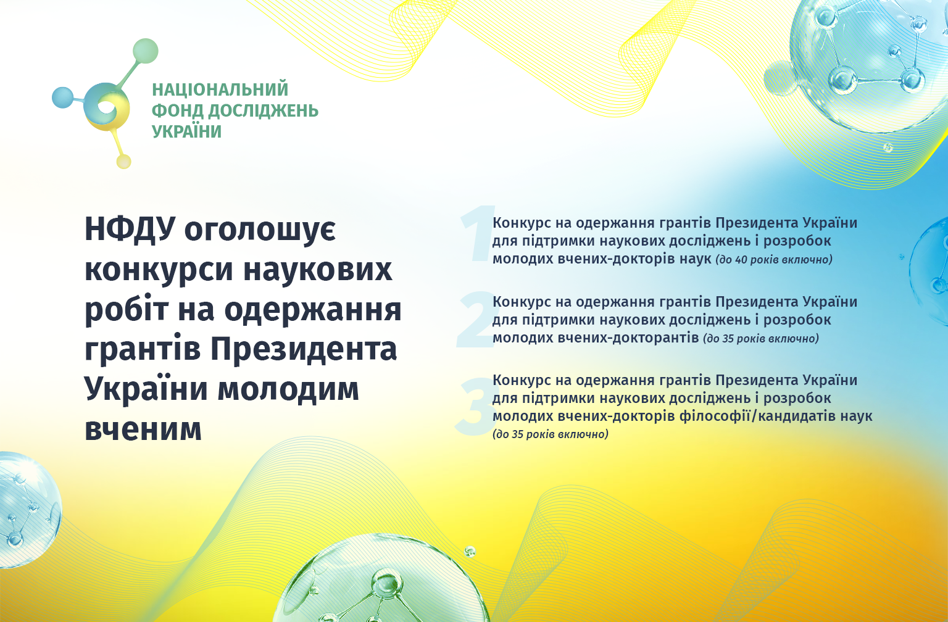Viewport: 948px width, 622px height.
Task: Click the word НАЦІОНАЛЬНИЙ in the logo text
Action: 220,89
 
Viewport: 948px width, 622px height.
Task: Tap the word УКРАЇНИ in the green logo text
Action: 186,131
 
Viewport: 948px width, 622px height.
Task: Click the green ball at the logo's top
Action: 146,51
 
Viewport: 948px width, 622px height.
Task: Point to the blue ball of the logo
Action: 62,97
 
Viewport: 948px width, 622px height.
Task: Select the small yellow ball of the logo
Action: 123,162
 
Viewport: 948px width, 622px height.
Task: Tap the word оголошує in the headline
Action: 260,231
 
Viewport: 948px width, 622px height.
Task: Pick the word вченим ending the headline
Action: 143,429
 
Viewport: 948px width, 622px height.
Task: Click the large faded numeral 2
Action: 477,320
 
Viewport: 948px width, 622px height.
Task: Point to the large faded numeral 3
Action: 476,407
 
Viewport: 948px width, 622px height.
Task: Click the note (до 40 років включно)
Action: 774,259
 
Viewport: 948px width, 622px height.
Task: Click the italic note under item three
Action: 550,434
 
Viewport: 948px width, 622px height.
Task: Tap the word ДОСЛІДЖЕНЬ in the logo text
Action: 264,111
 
